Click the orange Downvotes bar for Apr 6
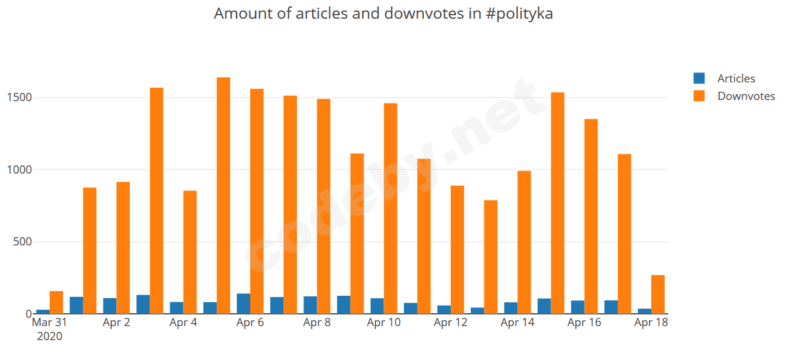pyautogui.click(x=257, y=201)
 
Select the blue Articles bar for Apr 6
pyautogui.click(x=243, y=303)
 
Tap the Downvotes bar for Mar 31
pyautogui.click(x=56, y=302)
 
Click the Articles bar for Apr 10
pyautogui.click(x=377, y=306)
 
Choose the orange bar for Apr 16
pyautogui.click(x=591, y=216)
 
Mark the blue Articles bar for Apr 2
pyautogui.click(x=109, y=306)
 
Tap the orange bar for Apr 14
pyautogui.click(x=524, y=242)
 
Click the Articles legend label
pyautogui.click(x=736, y=78)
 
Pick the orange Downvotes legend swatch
pyautogui.click(x=699, y=96)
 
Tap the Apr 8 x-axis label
pyautogui.click(x=317, y=323)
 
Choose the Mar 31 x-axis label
pyautogui.click(x=50, y=323)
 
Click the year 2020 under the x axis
pyautogui.click(x=50, y=336)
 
